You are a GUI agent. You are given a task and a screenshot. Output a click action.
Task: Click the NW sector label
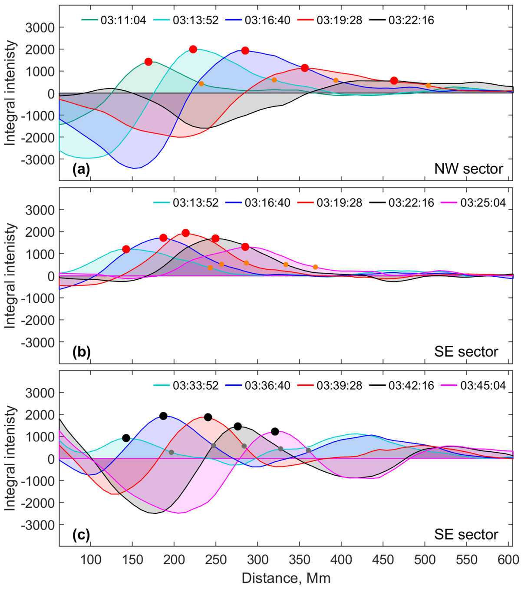pos(468,169)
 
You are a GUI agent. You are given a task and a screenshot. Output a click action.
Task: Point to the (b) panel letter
pos(81,351)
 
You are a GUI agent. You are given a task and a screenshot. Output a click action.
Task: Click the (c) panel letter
pos(81,534)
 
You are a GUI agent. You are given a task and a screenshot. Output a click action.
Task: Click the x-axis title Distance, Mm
pos(286,578)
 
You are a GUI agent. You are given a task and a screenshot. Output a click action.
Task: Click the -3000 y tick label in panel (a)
pos(39,159)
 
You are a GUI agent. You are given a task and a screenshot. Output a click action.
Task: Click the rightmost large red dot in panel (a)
pos(394,81)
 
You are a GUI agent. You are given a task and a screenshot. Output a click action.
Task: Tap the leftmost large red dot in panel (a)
pos(148,62)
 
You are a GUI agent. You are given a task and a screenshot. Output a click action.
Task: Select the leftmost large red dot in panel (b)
pos(126,249)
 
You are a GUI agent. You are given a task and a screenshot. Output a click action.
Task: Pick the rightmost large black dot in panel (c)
pos(275,431)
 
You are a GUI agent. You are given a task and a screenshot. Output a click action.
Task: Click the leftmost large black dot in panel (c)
pos(126,438)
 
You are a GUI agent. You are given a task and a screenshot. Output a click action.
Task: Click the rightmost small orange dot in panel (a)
pos(428,86)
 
